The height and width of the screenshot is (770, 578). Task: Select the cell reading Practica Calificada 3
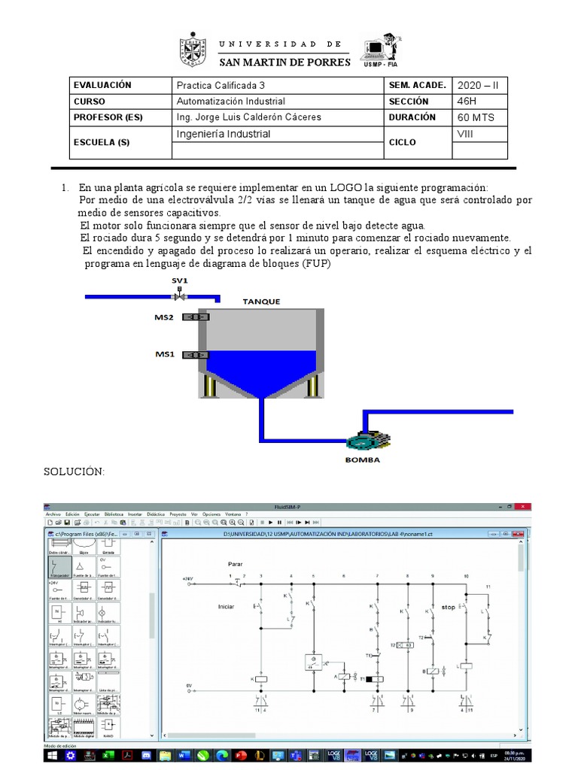point(221,86)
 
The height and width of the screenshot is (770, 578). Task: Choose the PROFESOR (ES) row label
point(108,118)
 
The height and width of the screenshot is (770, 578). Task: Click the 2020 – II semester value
point(478,86)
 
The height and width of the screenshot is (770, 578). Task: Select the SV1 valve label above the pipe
point(179,280)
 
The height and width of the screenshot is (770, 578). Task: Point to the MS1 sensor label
point(164,353)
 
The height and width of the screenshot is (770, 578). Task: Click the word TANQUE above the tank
point(261,302)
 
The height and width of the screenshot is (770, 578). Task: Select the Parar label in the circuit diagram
point(236,563)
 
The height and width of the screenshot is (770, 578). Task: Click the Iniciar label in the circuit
point(227,605)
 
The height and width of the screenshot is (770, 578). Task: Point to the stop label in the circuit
point(449,606)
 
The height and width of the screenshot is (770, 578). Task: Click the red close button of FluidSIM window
point(525,507)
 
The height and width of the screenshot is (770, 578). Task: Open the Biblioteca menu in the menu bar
point(114,514)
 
